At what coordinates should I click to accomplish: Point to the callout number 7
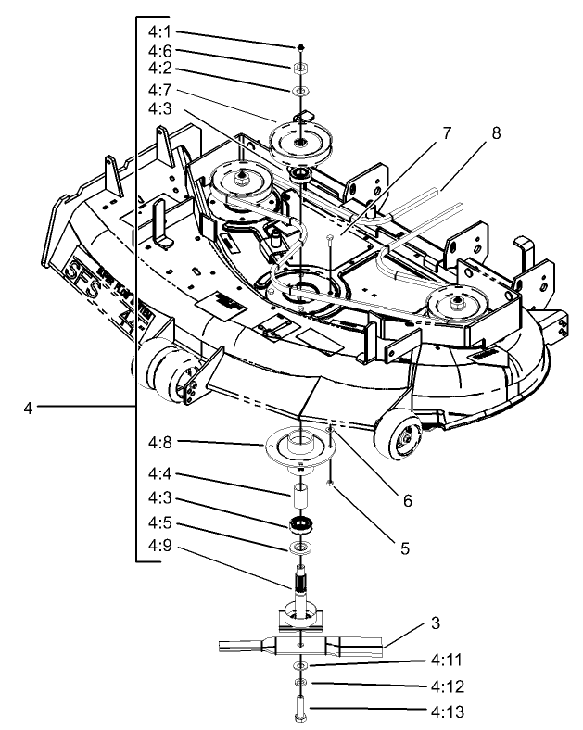[x=446, y=133]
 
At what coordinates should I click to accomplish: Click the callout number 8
[x=496, y=133]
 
